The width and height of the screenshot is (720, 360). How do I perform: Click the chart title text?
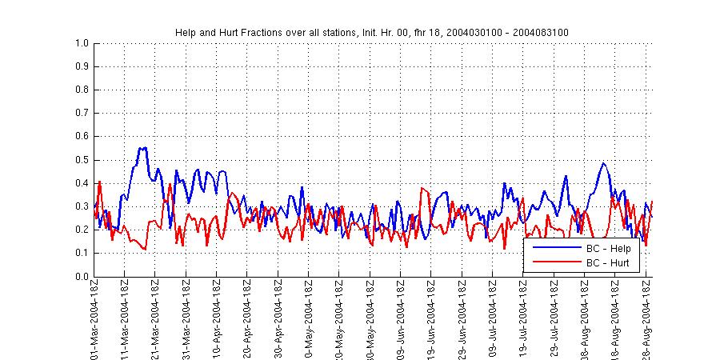(372, 32)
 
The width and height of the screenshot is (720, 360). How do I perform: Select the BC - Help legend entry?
(607, 249)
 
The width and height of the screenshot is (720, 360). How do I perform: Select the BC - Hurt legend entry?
(607, 262)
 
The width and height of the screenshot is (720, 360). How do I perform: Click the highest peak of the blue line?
(142, 148)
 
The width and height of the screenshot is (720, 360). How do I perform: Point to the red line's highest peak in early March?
(99, 182)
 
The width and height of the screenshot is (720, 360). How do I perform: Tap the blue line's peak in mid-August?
(602, 163)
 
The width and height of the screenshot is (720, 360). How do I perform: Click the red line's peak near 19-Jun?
(422, 189)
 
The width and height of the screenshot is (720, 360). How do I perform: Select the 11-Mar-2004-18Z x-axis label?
(124, 318)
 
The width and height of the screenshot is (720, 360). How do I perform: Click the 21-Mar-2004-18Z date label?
(155, 318)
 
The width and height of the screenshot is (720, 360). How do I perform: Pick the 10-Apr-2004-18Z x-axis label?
(217, 318)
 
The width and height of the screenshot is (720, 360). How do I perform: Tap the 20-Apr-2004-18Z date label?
(247, 318)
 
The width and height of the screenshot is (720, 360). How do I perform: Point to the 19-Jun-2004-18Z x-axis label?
(431, 318)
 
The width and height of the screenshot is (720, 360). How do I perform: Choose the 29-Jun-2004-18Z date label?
(462, 318)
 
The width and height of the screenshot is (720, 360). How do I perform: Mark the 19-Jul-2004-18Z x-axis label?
(523, 318)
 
